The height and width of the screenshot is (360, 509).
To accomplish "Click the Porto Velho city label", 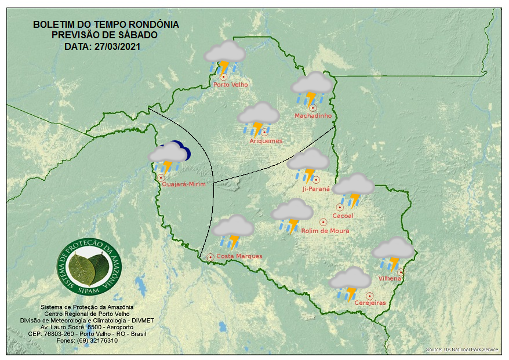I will tap(231, 85).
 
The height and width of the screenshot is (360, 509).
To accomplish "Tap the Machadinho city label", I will tap(313, 116).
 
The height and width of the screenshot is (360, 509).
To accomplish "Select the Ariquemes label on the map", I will tap(266, 141).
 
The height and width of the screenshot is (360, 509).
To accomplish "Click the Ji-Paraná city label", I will tap(316, 189).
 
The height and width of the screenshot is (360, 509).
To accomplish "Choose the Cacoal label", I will tap(343, 216).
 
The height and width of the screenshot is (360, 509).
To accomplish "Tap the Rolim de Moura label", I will tap(325, 231).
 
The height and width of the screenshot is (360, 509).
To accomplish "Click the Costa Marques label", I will tap(239, 256).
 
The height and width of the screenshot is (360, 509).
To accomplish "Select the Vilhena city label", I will tap(390, 279).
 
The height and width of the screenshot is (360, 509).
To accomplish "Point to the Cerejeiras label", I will tap(370, 303).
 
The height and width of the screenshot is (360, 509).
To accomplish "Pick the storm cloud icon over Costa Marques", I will tap(232, 231).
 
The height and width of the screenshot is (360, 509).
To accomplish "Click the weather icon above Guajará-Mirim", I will tap(168, 157).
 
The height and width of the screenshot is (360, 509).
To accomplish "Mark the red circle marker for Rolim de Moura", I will tap(323, 222).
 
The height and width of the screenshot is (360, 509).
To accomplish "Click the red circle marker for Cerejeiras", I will tap(369, 296).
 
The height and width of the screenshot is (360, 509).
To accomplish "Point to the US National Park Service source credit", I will tap(462, 350).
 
